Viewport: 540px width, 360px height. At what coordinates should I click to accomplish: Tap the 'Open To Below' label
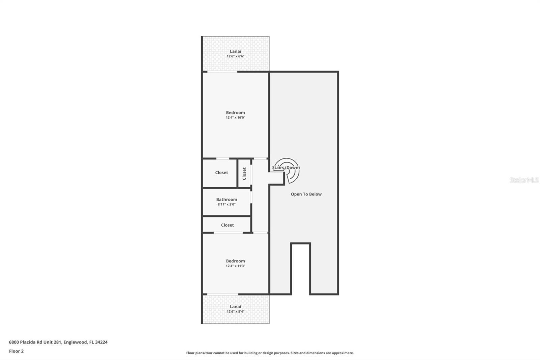(306, 194)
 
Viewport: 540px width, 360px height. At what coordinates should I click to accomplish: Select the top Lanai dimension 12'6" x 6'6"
(235, 56)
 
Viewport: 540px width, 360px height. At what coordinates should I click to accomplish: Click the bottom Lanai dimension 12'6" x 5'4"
(235, 312)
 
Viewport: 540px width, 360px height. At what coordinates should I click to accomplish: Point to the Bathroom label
(226, 200)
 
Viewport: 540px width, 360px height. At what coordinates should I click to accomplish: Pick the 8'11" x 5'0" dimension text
(226, 205)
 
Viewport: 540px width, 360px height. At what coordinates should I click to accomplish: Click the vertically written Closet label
(244, 174)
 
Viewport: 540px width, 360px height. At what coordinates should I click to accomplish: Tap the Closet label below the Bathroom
(227, 225)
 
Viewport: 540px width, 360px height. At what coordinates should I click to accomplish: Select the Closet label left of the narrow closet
(221, 173)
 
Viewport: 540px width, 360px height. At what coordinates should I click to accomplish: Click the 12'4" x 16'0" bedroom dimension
(235, 118)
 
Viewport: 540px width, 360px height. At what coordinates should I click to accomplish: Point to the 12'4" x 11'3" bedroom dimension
(235, 266)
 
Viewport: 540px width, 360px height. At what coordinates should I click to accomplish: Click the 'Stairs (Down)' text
(286, 168)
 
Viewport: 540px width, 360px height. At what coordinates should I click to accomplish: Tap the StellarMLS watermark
(524, 180)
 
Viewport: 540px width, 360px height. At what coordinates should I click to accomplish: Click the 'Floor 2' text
(16, 351)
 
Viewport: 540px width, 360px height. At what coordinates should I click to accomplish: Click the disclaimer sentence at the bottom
(270, 353)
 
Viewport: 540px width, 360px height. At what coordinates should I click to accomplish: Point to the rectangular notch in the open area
(300, 268)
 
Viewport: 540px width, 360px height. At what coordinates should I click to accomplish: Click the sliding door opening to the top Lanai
(222, 72)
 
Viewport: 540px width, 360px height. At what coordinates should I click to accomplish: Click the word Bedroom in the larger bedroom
(235, 113)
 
